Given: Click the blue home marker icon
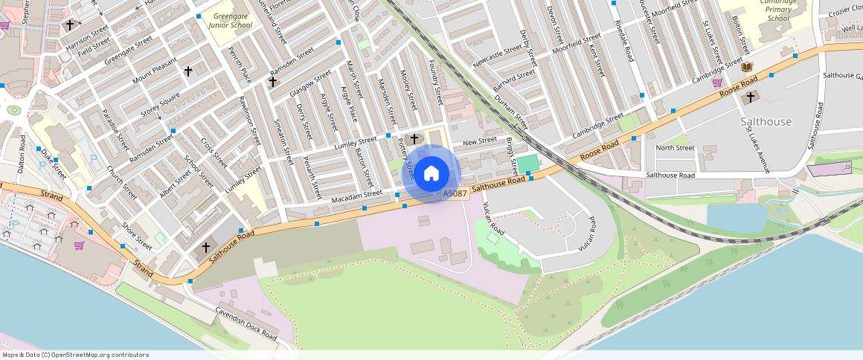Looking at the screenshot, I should [x=431, y=174].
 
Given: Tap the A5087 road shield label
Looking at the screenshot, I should [x=455, y=194].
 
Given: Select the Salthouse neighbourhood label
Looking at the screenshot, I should [x=766, y=121].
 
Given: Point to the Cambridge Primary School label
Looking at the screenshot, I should [x=779, y=10].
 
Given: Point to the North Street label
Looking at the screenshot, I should [x=675, y=147].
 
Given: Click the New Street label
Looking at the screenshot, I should [x=479, y=141].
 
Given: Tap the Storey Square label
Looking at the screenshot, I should [x=160, y=105].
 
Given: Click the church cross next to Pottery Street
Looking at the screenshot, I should [x=414, y=138].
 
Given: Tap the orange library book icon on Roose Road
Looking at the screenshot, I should [x=747, y=68].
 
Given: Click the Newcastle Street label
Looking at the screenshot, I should [x=497, y=57].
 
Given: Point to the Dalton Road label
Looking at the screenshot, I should [x=22, y=154].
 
